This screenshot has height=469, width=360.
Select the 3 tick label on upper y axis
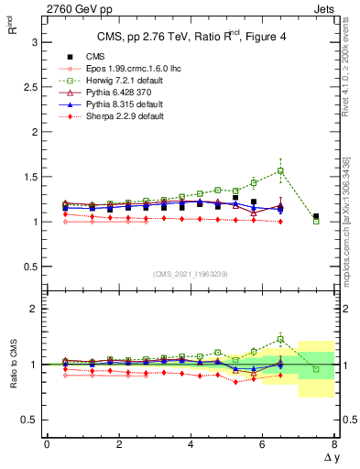[33, 42]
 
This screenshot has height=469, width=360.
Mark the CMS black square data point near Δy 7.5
[316, 217]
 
